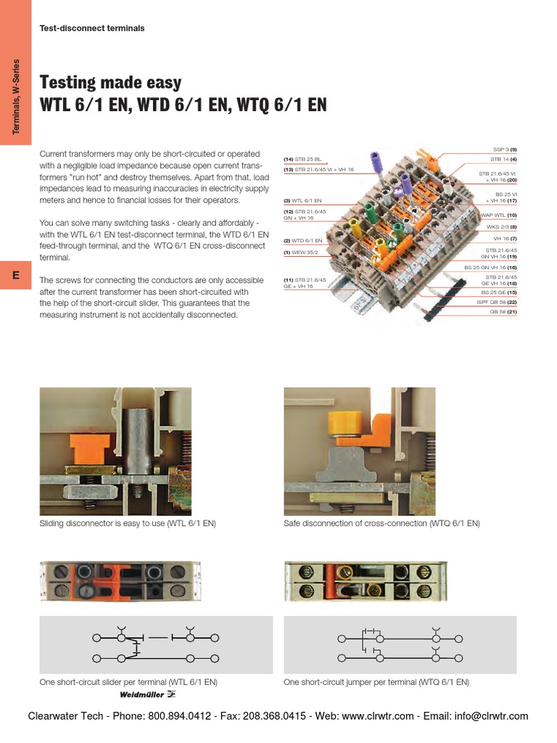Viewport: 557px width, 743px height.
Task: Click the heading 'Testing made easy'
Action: point(111,82)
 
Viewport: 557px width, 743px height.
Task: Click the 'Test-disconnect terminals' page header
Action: point(92,28)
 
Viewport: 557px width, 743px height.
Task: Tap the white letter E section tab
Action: point(15,275)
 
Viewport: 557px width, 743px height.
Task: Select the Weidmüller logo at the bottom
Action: point(147,694)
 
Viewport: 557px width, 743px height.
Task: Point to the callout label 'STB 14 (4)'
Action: point(503,159)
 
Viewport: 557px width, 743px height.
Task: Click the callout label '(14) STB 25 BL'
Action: point(302,159)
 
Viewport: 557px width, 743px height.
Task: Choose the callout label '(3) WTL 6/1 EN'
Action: point(302,200)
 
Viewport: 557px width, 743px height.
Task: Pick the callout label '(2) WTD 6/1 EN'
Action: point(302,240)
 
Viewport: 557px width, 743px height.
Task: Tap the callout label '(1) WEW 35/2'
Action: point(301,253)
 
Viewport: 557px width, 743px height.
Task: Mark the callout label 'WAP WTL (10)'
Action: point(495,215)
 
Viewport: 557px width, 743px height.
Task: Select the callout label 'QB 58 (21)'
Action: point(502,312)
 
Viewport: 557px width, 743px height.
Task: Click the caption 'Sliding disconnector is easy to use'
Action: point(128,523)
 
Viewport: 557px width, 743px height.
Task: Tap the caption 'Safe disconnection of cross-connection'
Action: point(381,523)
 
